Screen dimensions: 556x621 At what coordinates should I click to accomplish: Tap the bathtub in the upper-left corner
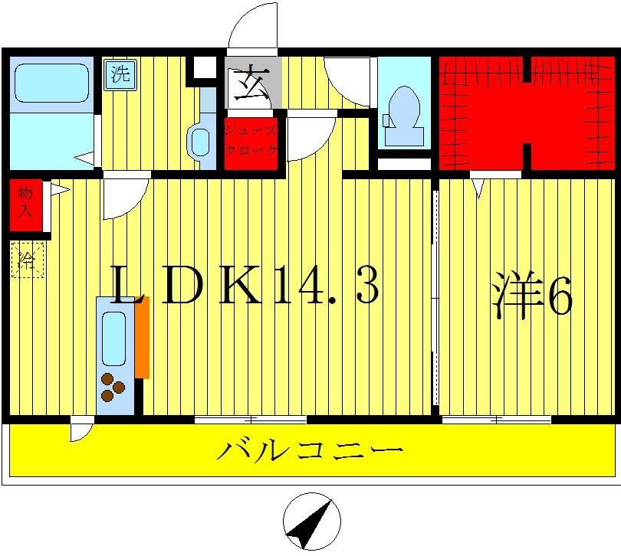[51, 83]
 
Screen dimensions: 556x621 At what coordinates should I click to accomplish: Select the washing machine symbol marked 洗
[119, 75]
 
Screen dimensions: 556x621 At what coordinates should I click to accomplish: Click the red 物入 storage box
[24, 204]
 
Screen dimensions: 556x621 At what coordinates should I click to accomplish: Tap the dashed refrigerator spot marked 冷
[28, 260]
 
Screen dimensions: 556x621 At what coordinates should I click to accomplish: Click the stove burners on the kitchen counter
[113, 386]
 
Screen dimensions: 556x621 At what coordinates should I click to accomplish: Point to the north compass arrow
[311, 524]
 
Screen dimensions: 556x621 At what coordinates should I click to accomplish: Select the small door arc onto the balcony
[81, 431]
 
